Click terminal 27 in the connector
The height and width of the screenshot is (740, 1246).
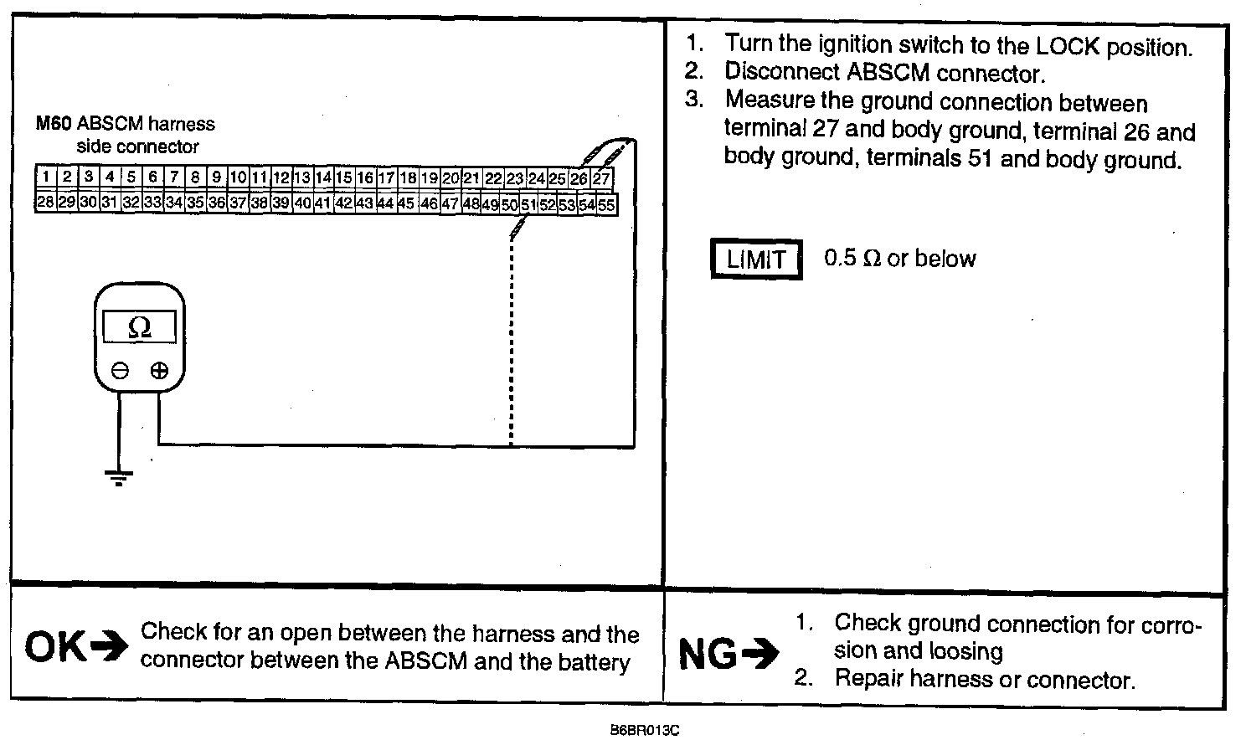[601, 178]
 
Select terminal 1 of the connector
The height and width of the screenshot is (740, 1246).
[45, 177]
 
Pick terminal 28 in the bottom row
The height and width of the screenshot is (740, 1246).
[45, 203]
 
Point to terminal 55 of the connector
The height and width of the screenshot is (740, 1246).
[606, 204]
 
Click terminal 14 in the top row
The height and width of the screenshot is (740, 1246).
[323, 177]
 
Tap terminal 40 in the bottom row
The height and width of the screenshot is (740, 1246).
[302, 203]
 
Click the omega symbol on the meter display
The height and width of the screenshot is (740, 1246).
[139, 327]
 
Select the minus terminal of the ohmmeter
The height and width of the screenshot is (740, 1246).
[120, 370]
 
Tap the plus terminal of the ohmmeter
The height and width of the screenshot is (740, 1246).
[159, 370]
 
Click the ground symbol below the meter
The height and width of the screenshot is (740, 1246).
[119, 479]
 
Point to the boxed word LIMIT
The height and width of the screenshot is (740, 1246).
[756, 260]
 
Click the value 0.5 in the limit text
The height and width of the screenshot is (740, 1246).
[840, 258]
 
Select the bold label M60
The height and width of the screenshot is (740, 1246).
[54, 124]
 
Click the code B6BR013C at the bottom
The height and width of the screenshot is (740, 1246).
[645, 730]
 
